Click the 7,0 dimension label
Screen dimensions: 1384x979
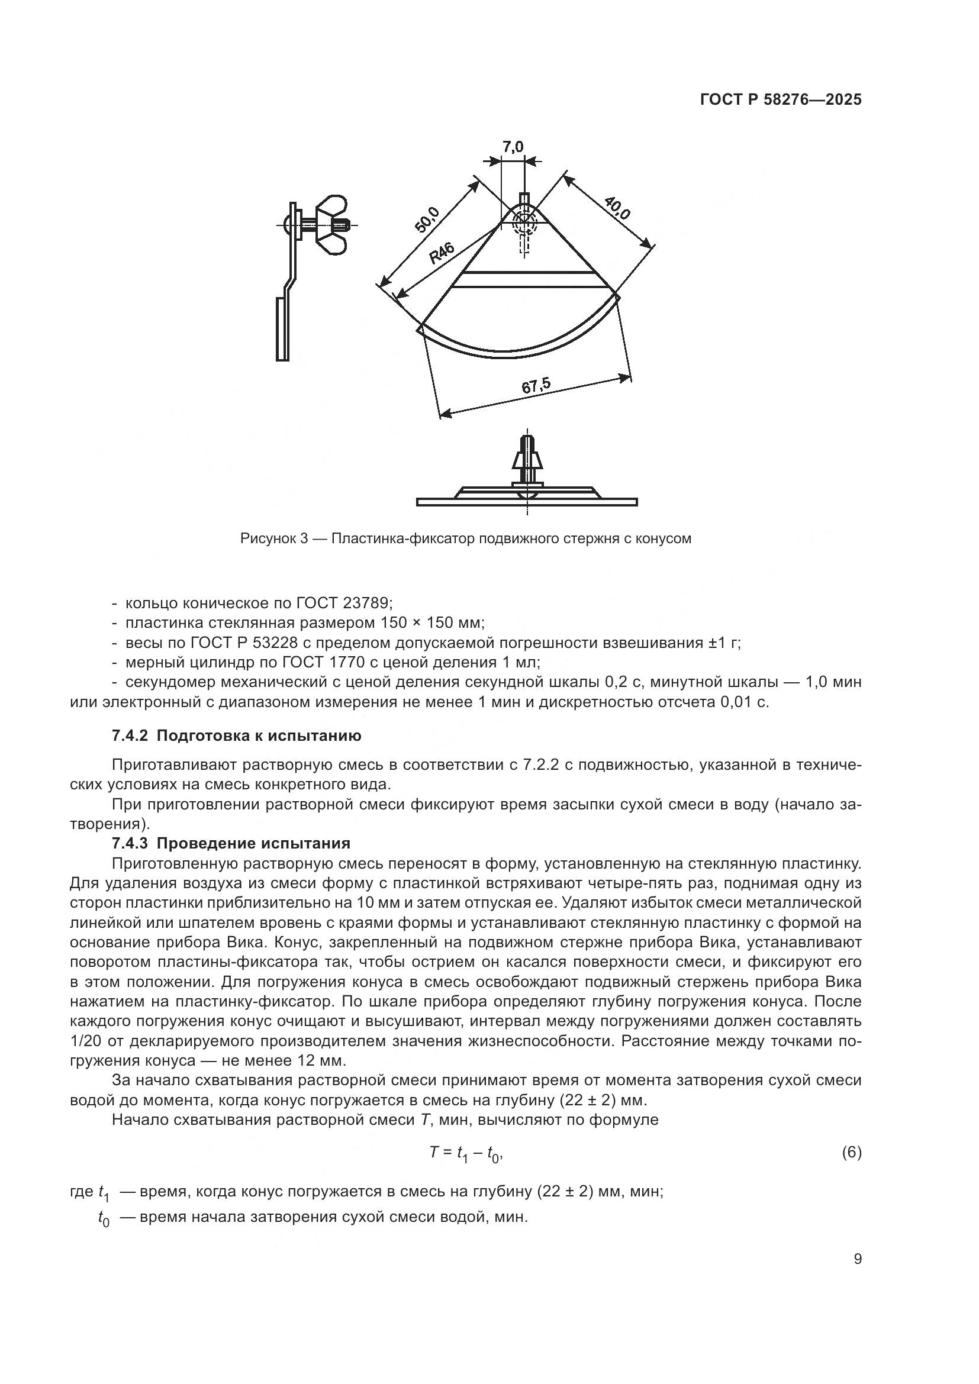513,147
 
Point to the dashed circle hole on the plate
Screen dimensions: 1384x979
524,222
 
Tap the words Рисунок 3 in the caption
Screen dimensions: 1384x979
274,538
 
